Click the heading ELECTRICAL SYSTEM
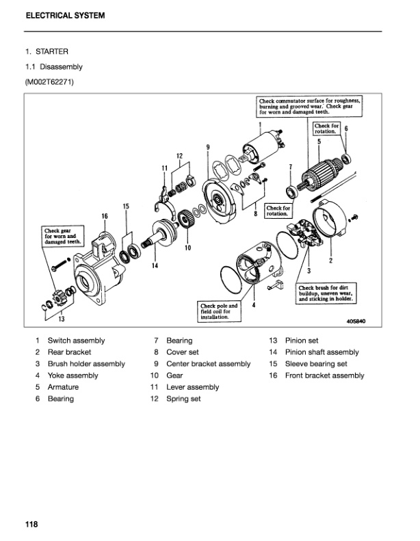[66, 15]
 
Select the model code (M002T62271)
[50, 83]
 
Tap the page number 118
[31, 525]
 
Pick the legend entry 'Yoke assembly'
[73, 375]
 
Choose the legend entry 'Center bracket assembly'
[208, 364]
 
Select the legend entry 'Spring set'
[183, 399]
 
